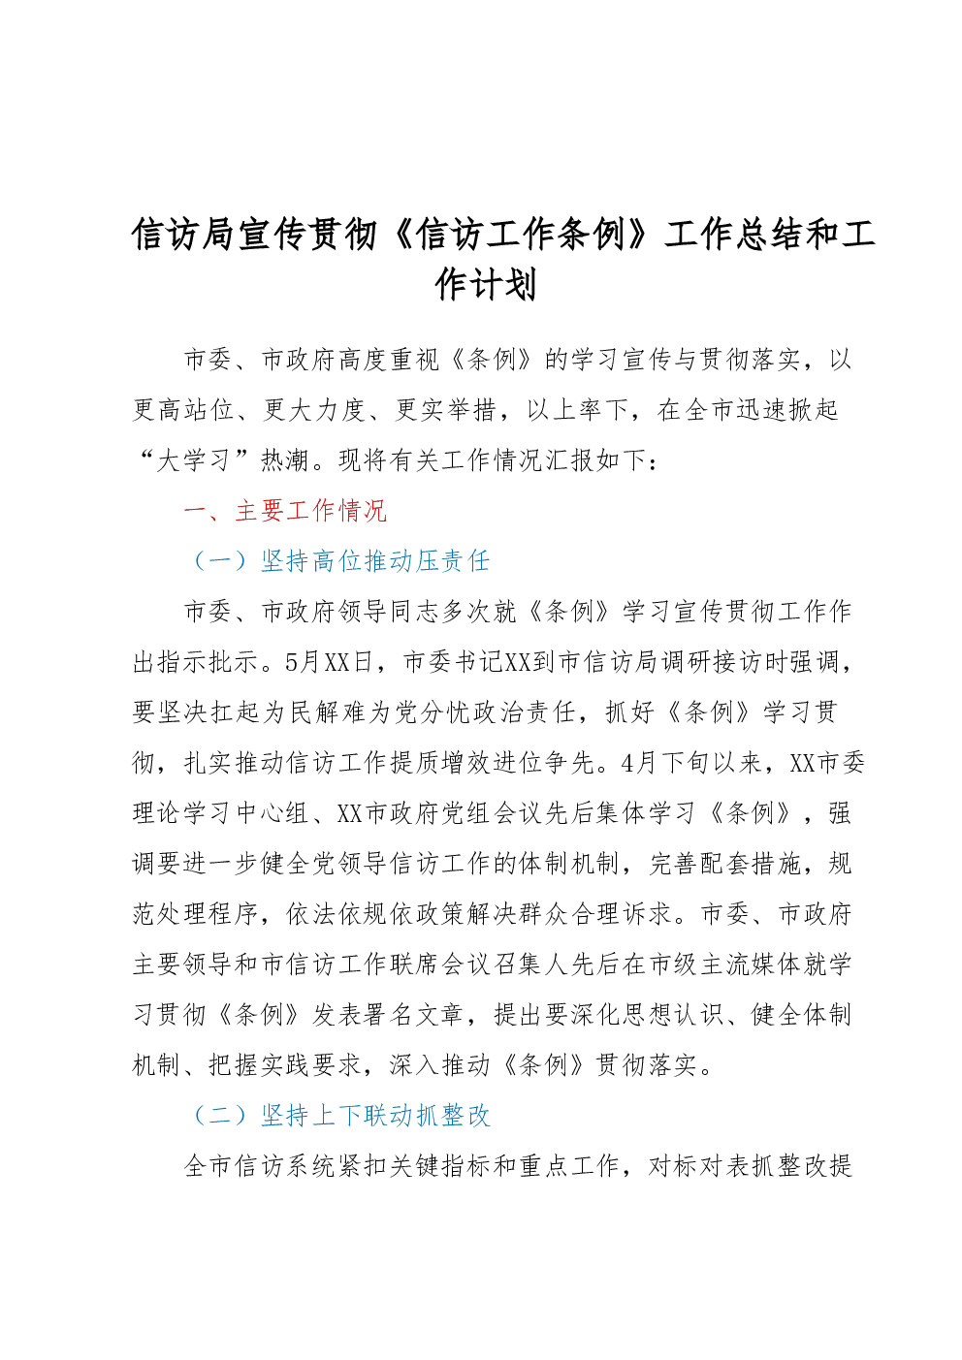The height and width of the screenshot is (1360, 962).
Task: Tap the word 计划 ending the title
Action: [x=503, y=285]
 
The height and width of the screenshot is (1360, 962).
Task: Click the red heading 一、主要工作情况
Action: [x=285, y=511]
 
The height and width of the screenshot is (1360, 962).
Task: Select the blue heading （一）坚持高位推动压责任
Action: [x=340, y=561]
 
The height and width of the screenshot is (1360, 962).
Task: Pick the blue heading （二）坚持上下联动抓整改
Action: [x=340, y=1116]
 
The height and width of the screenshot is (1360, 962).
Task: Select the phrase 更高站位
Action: [x=183, y=410]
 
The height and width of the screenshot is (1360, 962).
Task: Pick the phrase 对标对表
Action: [x=698, y=1166]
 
